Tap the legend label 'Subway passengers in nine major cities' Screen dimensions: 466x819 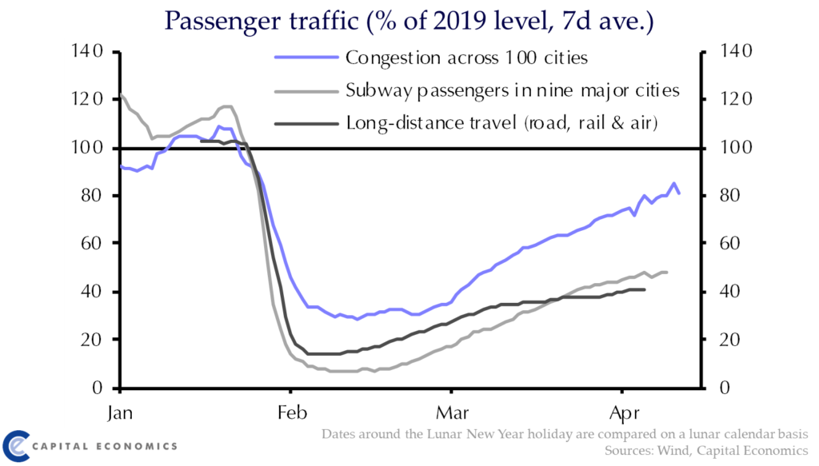[x=513, y=90]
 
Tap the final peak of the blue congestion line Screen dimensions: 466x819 [x=673, y=183]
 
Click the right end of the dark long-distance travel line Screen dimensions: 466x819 [x=645, y=289]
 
